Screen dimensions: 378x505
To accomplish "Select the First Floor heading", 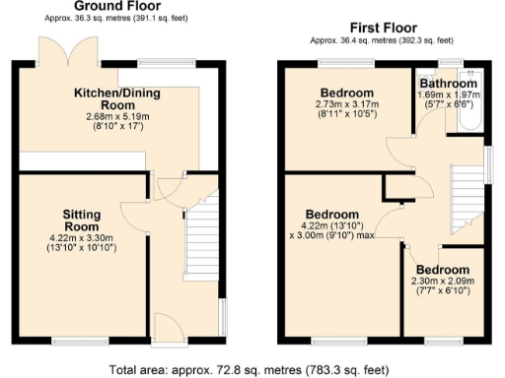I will click(382, 29).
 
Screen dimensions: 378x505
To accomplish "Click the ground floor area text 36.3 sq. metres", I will click(109, 19).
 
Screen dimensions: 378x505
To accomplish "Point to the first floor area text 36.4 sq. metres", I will click(382, 40).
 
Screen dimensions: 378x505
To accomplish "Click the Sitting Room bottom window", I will click(74, 341).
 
